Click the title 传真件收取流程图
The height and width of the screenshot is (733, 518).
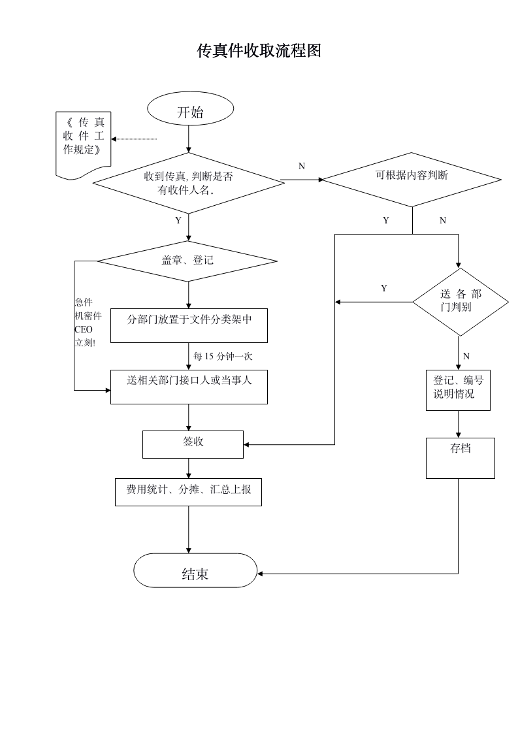259,51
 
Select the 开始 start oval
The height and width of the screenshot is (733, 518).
190,112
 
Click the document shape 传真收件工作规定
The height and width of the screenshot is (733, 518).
83,140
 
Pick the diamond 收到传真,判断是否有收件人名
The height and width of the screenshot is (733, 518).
188,183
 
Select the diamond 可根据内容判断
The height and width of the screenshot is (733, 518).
412,178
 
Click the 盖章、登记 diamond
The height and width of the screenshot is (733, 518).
187,261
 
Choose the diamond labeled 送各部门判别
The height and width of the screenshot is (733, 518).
460,301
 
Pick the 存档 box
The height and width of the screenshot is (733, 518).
460,457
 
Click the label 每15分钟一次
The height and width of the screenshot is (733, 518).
223,357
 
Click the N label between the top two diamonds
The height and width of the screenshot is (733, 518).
301,167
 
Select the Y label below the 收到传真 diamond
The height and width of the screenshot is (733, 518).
178,221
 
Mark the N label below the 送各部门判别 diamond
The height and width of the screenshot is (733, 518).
466,356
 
